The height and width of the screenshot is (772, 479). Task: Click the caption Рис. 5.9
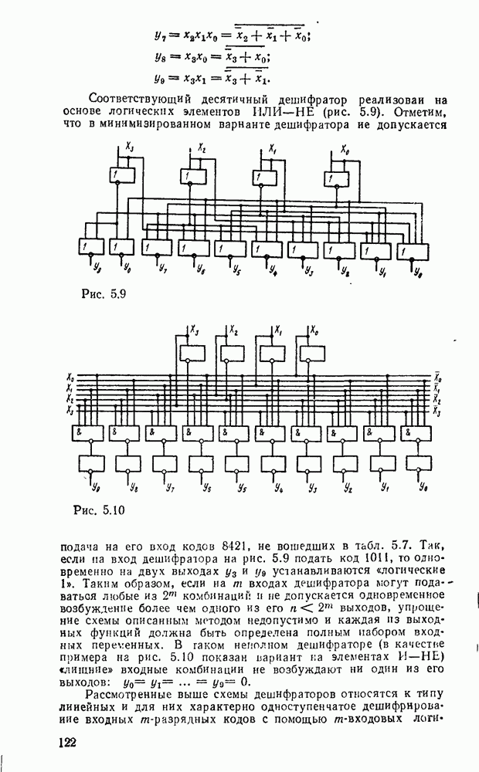click(103, 294)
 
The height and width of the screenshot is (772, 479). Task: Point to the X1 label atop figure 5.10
click(276, 330)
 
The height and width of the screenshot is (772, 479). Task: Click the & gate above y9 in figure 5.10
click(88, 432)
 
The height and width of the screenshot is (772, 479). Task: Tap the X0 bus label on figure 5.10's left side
click(70, 379)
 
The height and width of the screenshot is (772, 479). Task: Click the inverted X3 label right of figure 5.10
click(437, 414)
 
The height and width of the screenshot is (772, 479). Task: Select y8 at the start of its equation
click(160, 56)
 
